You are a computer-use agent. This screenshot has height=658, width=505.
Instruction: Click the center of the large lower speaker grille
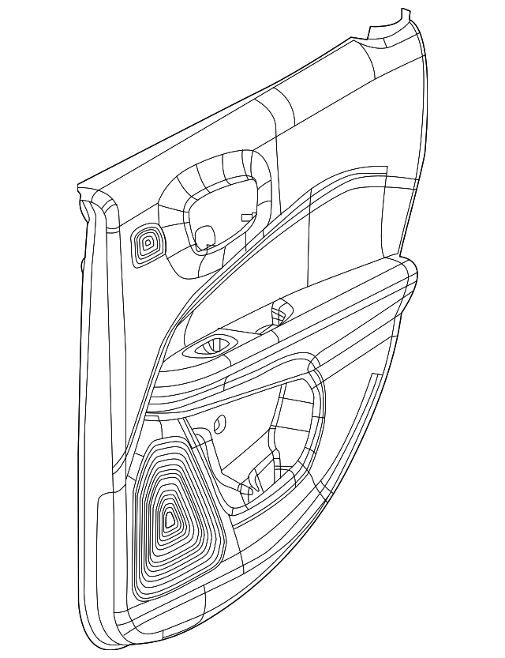[x=170, y=519]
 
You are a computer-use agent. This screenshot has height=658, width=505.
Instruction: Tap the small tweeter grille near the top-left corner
[x=146, y=243]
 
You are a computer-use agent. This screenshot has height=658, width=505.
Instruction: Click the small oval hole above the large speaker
[x=219, y=423]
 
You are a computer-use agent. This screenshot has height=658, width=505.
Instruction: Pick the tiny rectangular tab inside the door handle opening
[x=247, y=216]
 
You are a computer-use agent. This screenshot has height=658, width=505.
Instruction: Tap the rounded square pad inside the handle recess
[x=204, y=235]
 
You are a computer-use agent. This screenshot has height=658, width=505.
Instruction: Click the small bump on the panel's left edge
[x=82, y=265]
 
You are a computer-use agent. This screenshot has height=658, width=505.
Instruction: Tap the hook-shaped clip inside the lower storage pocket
[x=254, y=482]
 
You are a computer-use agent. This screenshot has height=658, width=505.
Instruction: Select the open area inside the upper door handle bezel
[x=225, y=209]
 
